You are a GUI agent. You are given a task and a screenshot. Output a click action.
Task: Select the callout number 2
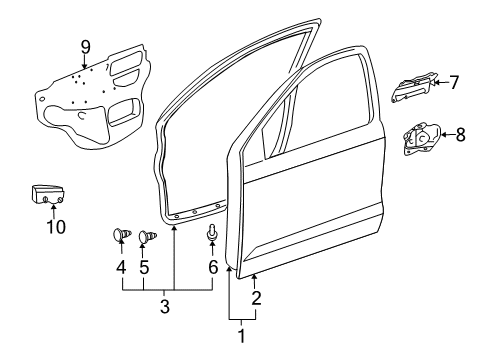256,298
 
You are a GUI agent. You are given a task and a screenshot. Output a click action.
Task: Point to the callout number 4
119,267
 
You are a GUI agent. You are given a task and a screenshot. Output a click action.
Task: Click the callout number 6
212,267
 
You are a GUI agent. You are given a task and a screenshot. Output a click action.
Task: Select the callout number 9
85,45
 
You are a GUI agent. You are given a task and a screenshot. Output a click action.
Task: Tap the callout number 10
56,226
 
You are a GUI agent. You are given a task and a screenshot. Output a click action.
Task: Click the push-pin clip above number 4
120,237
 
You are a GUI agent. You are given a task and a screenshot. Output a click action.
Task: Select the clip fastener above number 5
147,237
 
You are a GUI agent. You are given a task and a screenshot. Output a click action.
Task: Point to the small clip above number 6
212,233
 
